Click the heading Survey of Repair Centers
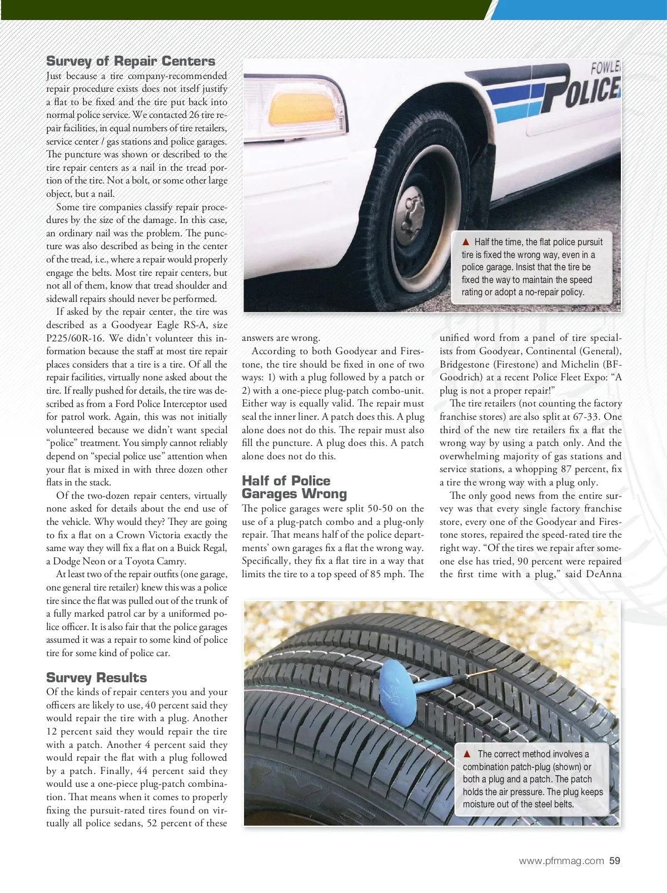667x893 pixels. [131, 61]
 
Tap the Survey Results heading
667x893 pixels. [97, 677]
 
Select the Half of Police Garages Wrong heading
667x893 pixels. [294, 487]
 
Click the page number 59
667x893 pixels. [615, 861]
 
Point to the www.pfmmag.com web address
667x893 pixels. [561, 861]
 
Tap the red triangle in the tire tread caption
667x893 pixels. [467, 754]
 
